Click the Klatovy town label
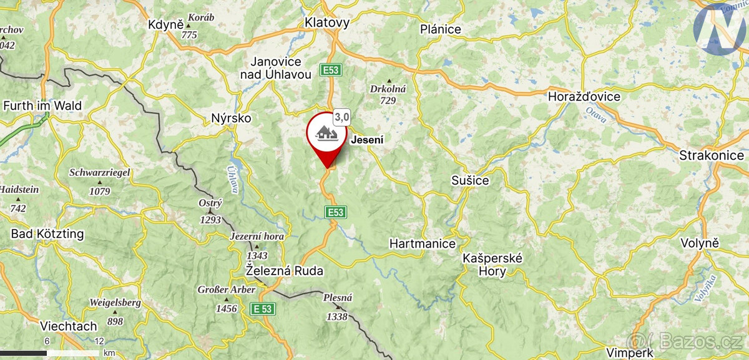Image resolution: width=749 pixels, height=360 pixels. pos(327,22)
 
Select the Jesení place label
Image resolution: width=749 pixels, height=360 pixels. pos(367,140)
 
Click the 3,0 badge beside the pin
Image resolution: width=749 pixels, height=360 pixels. pos(341,117)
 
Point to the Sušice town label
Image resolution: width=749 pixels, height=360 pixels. pos(470,180)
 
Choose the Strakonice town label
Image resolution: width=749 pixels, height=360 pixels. pos(712,155)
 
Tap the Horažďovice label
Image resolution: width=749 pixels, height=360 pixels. pos(584,97)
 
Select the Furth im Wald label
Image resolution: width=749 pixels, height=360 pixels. pos(42,105)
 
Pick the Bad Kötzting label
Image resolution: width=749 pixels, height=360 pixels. pos(47,234)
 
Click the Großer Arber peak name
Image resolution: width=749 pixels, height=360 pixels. pos(226,290)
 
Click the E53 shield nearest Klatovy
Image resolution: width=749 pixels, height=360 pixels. pos(330,70)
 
